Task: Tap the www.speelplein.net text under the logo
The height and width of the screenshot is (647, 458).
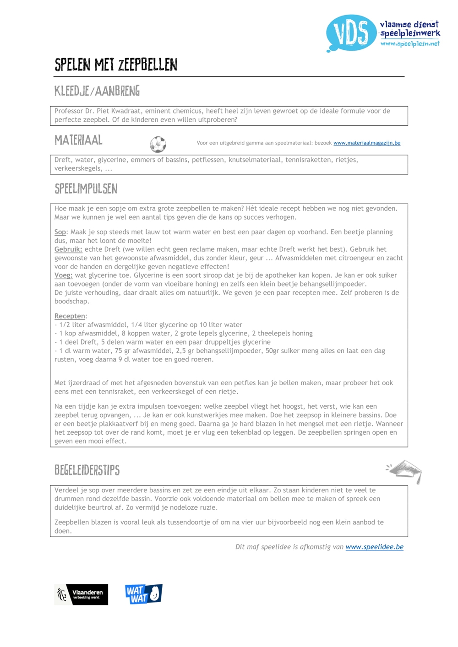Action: pyautogui.click(x=409, y=43)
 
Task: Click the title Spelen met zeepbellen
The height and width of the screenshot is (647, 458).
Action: pyautogui.click(x=116, y=65)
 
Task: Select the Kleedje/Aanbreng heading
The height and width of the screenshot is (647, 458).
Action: pyautogui.click(x=97, y=91)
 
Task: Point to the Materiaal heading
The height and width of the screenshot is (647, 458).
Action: pyautogui.click(x=78, y=140)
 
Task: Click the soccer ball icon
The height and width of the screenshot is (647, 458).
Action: pyautogui.click(x=158, y=144)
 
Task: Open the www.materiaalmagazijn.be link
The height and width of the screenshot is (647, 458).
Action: pyautogui.click(x=366, y=143)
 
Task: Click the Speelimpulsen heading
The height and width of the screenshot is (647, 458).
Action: pyautogui.click(x=86, y=189)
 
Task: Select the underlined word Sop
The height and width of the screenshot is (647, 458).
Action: pyautogui.click(x=60, y=232)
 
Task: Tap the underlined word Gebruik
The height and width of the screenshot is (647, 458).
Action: pyautogui.click(x=68, y=249)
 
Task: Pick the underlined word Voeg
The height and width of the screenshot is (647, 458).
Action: pyautogui.click(x=63, y=275)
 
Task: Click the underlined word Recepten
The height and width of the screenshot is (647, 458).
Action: pyautogui.click(x=70, y=316)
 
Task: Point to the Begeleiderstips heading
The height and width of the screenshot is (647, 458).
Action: pyautogui.click(x=87, y=470)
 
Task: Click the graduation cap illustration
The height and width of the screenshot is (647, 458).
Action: pyautogui.click(x=405, y=471)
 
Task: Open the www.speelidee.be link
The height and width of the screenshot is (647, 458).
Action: pyautogui.click(x=374, y=547)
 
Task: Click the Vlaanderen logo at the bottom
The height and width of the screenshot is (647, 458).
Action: pyautogui.click(x=82, y=594)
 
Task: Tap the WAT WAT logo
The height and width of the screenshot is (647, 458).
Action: pyautogui.click(x=143, y=594)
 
